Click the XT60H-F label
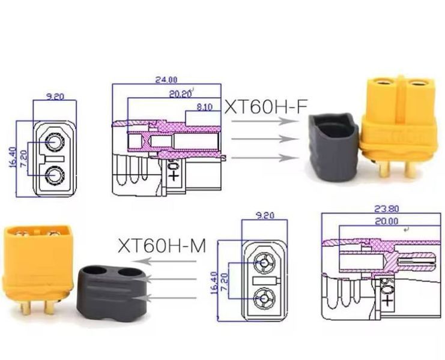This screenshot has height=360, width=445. pyautogui.click(x=266, y=107)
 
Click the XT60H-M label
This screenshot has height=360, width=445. pyautogui.click(x=162, y=245)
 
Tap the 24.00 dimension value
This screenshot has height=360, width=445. pyautogui.click(x=166, y=80)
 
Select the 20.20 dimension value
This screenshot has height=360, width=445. pyautogui.click(x=181, y=94)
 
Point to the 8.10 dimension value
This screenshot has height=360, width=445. pyautogui.click(x=204, y=107)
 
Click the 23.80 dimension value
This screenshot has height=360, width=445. pyautogui.click(x=387, y=209)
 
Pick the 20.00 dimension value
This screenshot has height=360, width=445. pyautogui.click(x=387, y=221)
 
